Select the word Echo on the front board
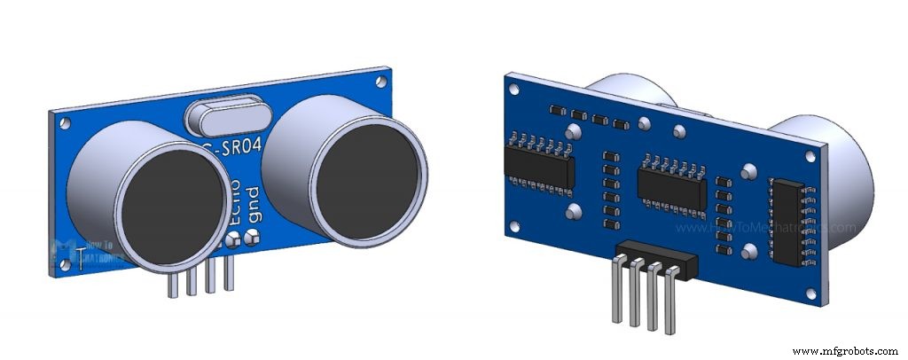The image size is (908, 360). pyautogui.click(x=234, y=202)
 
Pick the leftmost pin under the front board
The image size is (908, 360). pyautogui.click(x=170, y=285)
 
